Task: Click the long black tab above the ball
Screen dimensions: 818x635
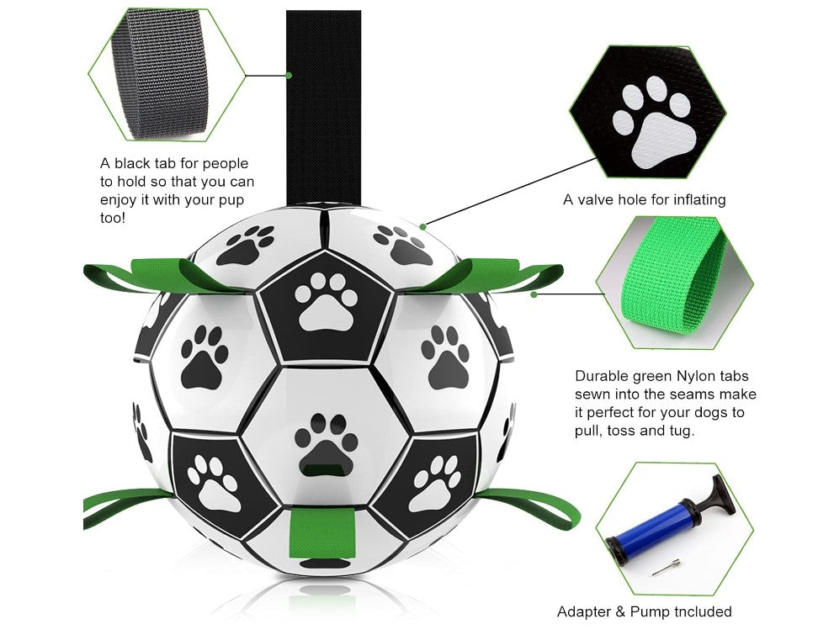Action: (x=323, y=105)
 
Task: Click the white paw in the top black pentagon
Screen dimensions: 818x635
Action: (x=327, y=304)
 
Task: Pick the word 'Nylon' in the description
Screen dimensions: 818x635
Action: (x=696, y=376)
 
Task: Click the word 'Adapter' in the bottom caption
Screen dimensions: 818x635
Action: (x=583, y=611)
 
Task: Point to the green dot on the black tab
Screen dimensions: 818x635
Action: (x=289, y=75)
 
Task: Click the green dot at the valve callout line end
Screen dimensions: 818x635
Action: (x=423, y=226)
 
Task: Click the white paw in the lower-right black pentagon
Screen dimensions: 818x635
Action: (x=435, y=484)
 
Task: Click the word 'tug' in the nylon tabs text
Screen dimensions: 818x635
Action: (x=682, y=431)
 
